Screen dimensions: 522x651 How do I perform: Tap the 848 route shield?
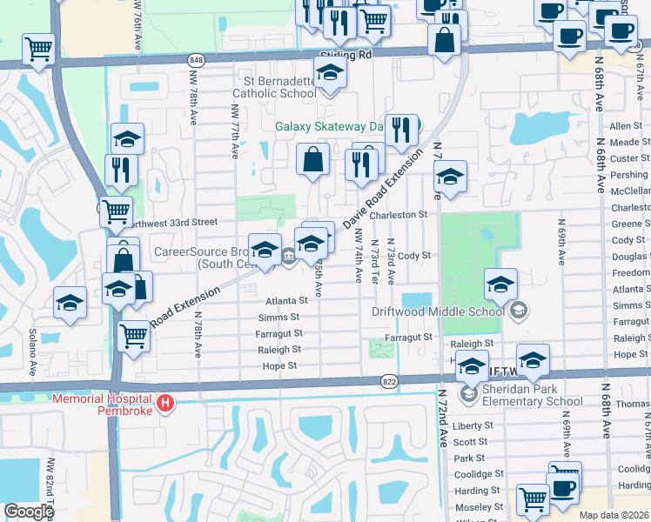point(195,59)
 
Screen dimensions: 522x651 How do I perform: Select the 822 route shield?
point(389,380)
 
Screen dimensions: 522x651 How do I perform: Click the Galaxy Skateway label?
point(329,126)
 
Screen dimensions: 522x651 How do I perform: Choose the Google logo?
point(28,512)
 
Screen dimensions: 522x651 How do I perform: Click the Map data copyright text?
point(614,515)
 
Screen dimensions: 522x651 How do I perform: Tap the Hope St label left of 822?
point(280,366)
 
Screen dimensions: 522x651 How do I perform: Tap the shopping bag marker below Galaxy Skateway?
point(313,160)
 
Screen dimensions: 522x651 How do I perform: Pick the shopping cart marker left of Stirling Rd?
point(39,50)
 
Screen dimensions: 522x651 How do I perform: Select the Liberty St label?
point(473,425)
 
